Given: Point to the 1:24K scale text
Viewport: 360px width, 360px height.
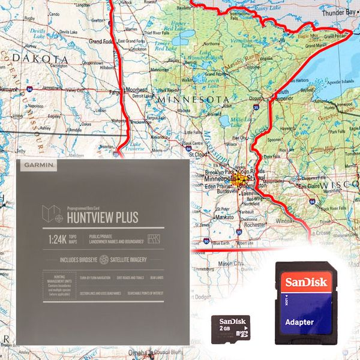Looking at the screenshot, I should coord(59,239).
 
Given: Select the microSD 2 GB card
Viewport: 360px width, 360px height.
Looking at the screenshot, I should coord(230,328).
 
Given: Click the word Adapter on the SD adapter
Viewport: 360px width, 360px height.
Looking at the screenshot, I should coord(299,322).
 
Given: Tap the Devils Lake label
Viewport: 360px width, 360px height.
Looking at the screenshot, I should coord(37,31).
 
